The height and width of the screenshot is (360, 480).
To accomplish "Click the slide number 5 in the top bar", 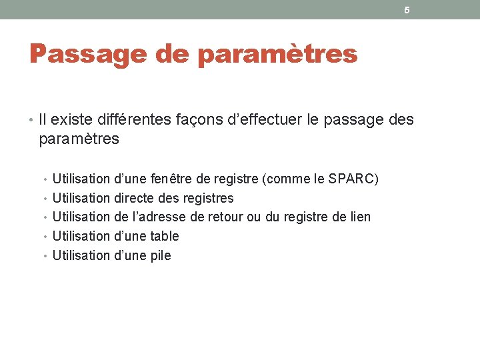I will (x=407, y=10).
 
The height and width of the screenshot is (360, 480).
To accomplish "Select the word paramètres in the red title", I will (x=277, y=54).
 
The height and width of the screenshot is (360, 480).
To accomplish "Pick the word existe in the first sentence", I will (x=73, y=120).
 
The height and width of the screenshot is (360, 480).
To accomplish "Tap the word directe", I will (x=137, y=198).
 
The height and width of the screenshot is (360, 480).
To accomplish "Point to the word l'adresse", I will (x=162, y=217).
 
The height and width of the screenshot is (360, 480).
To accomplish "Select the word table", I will (x=165, y=236).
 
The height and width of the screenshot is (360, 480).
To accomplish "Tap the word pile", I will (x=161, y=255).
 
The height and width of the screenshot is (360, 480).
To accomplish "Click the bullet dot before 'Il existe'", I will (x=32, y=121).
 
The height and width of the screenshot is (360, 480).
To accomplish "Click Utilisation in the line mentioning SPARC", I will (x=81, y=179).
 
